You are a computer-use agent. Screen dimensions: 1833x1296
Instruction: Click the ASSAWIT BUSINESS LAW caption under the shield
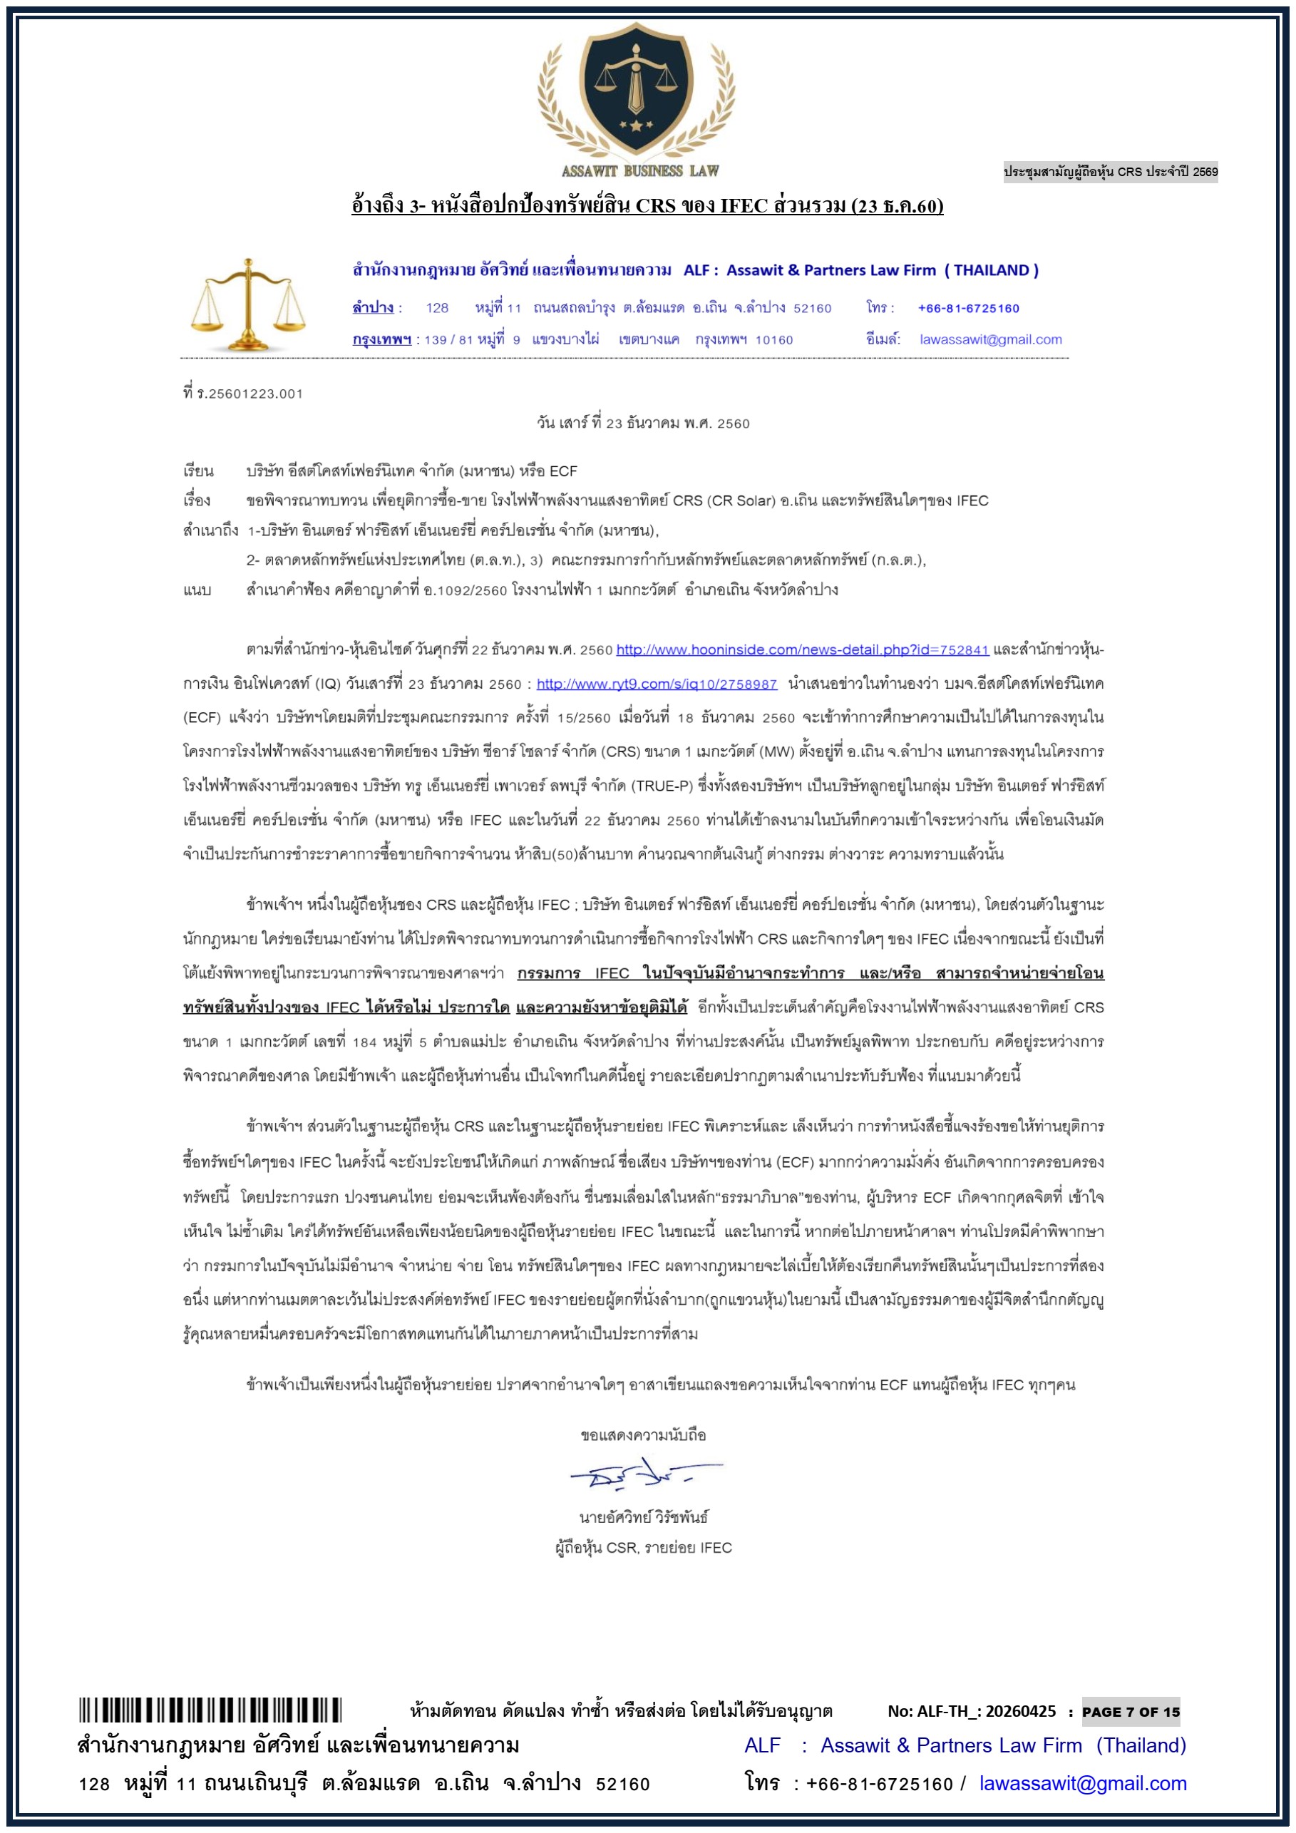click(x=640, y=171)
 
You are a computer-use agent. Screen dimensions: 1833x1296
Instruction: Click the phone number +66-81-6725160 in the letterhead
click(x=968, y=308)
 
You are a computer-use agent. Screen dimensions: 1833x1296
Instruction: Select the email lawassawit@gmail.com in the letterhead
click(x=990, y=339)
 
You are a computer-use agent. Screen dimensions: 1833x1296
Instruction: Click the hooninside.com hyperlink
click(x=802, y=649)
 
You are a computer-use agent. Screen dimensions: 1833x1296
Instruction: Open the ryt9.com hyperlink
click(x=656, y=684)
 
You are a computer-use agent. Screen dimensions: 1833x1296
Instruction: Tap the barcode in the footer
click(x=210, y=1710)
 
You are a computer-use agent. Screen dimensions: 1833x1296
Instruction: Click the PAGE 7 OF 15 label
click(x=1130, y=1712)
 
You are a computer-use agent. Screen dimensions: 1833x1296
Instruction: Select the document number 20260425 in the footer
click(x=1020, y=1712)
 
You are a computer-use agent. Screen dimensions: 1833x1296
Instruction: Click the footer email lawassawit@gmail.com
click(x=1082, y=1784)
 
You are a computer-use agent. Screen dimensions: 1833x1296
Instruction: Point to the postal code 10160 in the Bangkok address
click(x=774, y=340)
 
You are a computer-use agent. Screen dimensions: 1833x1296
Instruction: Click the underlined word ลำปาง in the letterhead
click(x=373, y=308)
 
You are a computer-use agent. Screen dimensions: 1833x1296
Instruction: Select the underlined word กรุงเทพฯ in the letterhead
click(x=381, y=339)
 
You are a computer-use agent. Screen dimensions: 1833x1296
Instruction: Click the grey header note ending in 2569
click(x=1110, y=172)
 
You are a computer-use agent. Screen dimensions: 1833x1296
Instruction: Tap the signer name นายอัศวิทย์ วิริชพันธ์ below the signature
click(x=643, y=1518)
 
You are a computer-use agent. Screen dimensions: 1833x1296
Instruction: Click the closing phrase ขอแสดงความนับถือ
click(x=643, y=1435)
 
